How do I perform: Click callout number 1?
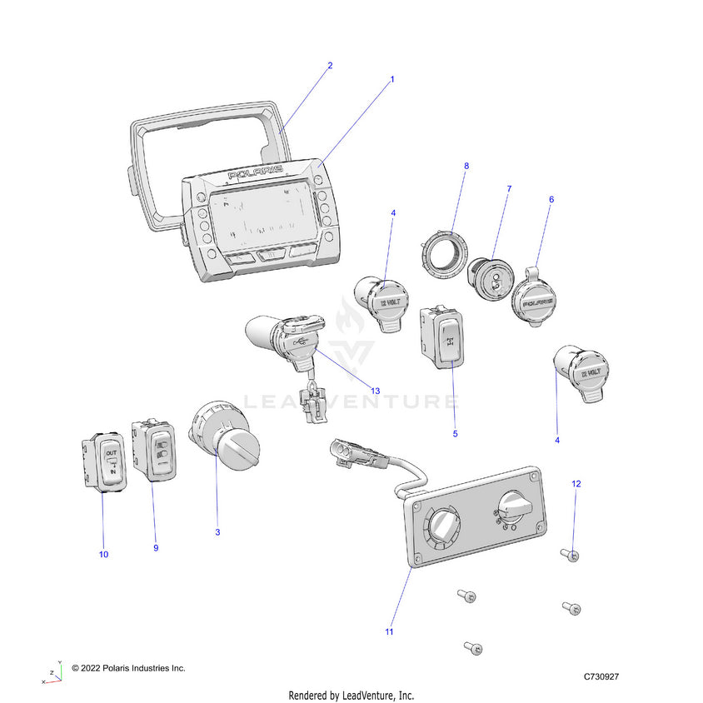point(392,79)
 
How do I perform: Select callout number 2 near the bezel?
point(330,66)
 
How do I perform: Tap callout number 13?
point(375,391)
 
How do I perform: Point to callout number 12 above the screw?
point(576,483)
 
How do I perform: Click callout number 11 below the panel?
point(389,632)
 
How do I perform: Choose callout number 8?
point(466,166)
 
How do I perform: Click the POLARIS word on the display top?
point(255,173)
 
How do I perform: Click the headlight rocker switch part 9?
point(156,451)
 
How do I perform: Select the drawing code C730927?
point(601,676)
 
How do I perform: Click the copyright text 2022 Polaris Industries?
point(128,668)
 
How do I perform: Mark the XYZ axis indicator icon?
point(52,672)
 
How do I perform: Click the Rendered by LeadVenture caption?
point(351,695)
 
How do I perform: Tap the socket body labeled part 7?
point(489,282)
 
